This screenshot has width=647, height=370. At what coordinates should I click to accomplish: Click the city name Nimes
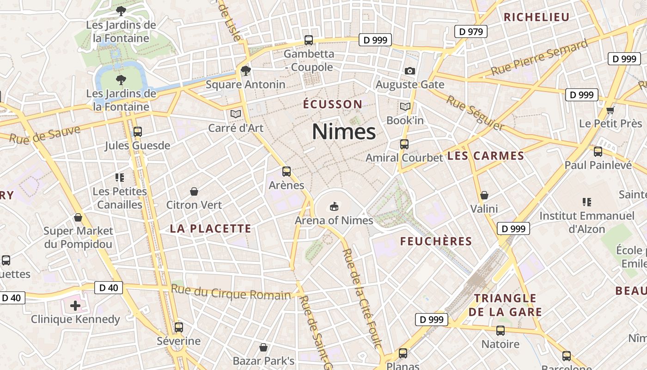pyautogui.click(x=344, y=132)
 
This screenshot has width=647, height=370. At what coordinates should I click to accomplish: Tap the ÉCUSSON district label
pyautogui.click(x=333, y=104)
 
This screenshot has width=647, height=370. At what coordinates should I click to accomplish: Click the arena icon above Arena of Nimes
pyautogui.click(x=334, y=206)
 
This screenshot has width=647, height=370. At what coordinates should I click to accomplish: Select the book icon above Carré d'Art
pyautogui.click(x=236, y=114)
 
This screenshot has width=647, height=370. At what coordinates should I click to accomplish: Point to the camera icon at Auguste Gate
pyautogui.click(x=409, y=71)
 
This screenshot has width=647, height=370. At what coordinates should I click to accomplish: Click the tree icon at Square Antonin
pyautogui.click(x=245, y=71)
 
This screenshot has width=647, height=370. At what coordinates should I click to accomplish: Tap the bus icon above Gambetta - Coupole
pyautogui.click(x=308, y=40)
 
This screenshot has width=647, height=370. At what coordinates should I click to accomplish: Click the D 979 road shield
pyautogui.click(x=471, y=31)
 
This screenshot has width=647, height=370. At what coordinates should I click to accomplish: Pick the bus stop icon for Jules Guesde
pyautogui.click(x=137, y=132)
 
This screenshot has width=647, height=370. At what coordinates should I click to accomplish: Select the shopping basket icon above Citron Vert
pyautogui.click(x=194, y=191)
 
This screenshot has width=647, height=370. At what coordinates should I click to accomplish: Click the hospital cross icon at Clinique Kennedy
pyautogui.click(x=75, y=305)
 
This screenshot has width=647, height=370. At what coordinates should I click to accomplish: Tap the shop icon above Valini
pyautogui.click(x=484, y=195)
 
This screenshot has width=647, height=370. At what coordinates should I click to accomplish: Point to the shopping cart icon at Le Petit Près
pyautogui.click(x=610, y=110)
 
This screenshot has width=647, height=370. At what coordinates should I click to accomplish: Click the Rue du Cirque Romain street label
pyautogui.click(x=231, y=293)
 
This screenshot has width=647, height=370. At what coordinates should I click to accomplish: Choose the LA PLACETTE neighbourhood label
pyautogui.click(x=210, y=228)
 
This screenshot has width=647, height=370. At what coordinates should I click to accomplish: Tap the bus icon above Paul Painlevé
pyautogui.click(x=598, y=151)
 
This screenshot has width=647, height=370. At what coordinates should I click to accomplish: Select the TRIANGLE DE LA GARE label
pyautogui.click(x=505, y=305)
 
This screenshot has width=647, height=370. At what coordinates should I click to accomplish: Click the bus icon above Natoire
pyautogui.click(x=501, y=331)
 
